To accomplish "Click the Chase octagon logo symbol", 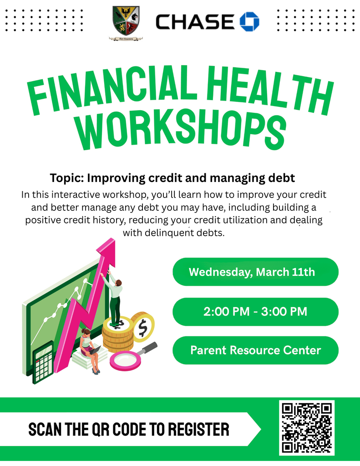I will tap(249, 21).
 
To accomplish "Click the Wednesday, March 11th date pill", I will tap(255, 272).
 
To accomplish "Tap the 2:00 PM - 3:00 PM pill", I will tap(255, 312).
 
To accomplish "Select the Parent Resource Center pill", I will tap(255, 350).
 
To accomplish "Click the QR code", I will tap(306, 427).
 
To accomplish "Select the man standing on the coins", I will tap(114, 298).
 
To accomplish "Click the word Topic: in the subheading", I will tap(67, 177).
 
